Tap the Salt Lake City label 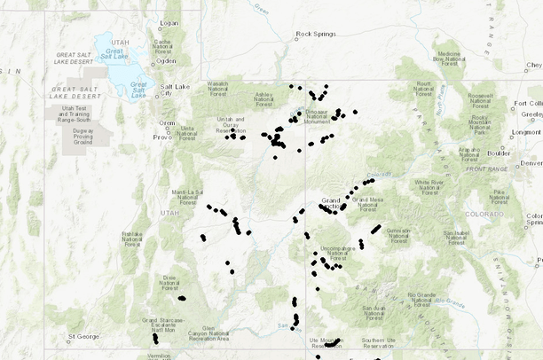click(171, 91)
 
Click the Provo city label click(161, 137)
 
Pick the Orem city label click(167, 123)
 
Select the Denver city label click(531, 163)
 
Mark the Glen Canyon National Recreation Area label click(209, 333)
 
